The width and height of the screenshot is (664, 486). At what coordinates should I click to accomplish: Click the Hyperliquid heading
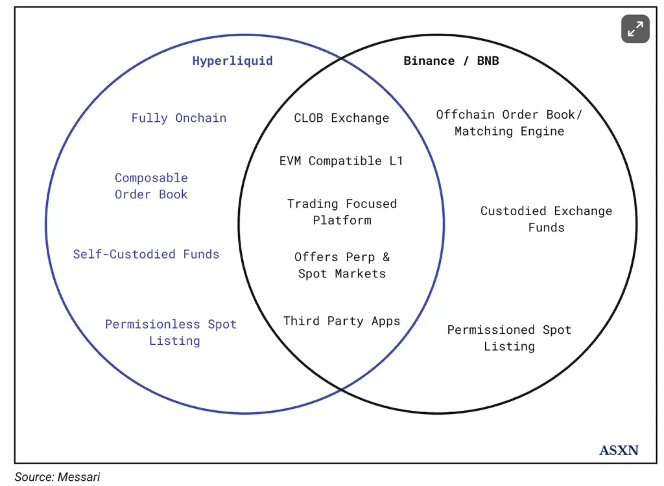232,61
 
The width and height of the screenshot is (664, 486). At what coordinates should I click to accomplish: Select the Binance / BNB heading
451,61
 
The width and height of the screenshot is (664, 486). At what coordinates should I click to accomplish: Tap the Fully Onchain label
179,118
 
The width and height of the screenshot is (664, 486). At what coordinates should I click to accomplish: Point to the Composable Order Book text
151,186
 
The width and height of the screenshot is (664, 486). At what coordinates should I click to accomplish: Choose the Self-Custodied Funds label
146,254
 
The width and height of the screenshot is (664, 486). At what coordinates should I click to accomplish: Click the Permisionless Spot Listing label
171,332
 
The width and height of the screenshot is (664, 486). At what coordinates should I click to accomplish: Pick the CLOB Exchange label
342,118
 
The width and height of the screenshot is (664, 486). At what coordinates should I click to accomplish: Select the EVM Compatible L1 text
341,161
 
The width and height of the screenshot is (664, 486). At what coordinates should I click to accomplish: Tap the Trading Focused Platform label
342,212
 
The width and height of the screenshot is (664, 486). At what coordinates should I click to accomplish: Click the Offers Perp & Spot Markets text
342,265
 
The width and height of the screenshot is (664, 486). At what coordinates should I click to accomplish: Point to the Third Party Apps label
342,321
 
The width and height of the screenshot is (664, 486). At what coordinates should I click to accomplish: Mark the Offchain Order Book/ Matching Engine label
509,122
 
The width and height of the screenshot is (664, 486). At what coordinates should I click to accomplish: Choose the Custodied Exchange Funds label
546,219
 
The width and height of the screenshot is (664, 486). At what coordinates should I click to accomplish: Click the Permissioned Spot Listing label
509,338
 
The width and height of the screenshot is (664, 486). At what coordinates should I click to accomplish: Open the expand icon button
635,29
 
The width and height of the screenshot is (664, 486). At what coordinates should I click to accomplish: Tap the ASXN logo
619,450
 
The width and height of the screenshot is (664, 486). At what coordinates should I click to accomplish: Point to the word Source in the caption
32,477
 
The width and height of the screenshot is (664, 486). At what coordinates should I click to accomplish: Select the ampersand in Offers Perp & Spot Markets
386,257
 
